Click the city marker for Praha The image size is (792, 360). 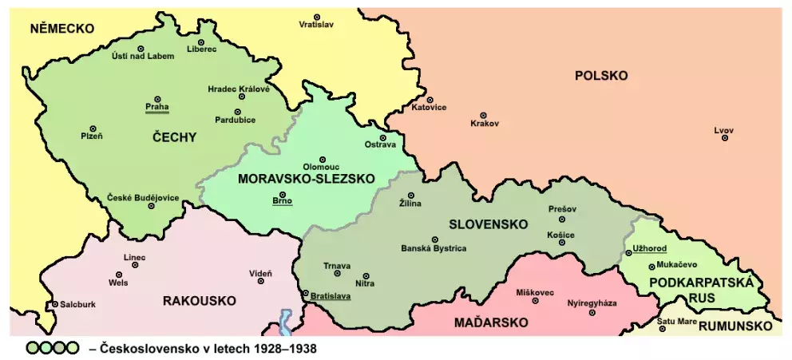click(157, 99)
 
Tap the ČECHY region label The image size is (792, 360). click(173, 137)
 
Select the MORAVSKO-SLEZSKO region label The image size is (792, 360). click(306, 180)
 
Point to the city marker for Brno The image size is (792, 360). click(282, 194)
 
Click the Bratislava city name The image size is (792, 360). click(331, 295)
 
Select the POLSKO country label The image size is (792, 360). click(600, 76)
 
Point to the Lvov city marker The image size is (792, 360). click(725, 138)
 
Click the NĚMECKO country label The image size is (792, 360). click(62, 29)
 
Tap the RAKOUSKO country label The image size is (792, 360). click(199, 301)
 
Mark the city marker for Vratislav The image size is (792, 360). click(317, 17)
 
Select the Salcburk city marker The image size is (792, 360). click(54, 304)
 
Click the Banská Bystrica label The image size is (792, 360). click(434, 248)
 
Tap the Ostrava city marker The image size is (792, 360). click(382, 137)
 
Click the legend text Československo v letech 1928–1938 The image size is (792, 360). click(203, 349)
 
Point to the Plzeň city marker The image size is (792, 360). click(93, 129)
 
